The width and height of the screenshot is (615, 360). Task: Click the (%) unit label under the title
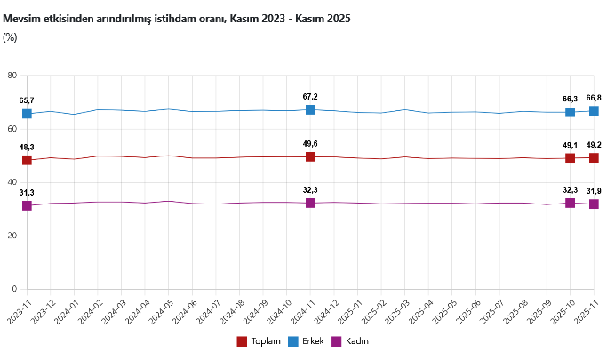coord(11,36)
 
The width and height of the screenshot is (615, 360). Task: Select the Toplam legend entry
coord(260,341)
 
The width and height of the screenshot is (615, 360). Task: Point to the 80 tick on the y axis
coord(12,76)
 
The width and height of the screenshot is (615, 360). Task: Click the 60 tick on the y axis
coord(12,129)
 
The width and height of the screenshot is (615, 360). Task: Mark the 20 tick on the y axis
coord(12,236)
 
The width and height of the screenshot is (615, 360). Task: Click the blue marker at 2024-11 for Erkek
coord(310,109)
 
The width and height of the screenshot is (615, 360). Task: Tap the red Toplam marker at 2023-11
coord(27,160)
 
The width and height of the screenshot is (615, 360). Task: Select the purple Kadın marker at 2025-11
coord(594,204)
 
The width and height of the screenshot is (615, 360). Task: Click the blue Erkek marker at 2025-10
coord(570,112)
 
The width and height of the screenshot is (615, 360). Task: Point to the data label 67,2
coord(310,96)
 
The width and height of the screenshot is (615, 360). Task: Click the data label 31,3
coord(27,193)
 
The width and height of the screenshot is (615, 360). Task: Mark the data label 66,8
coord(594,98)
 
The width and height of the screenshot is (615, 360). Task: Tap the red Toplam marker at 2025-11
coord(594,157)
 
